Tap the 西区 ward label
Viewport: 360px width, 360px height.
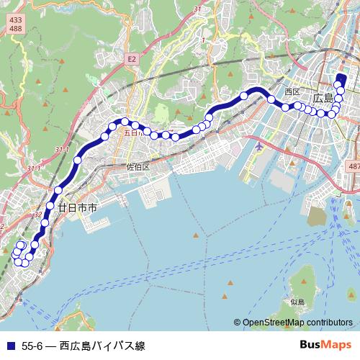tap(292, 92)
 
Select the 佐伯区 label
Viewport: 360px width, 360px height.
tap(137, 167)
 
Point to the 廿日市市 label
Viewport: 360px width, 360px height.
tap(77, 207)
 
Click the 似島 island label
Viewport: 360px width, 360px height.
tap(298, 302)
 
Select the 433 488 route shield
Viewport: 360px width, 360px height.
tap(14, 24)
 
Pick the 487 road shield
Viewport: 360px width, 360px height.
tap(353, 166)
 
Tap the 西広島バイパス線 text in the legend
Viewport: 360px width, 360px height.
tap(102, 346)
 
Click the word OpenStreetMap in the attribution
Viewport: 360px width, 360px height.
tap(276, 323)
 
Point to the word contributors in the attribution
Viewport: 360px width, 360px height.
tap(332, 323)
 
